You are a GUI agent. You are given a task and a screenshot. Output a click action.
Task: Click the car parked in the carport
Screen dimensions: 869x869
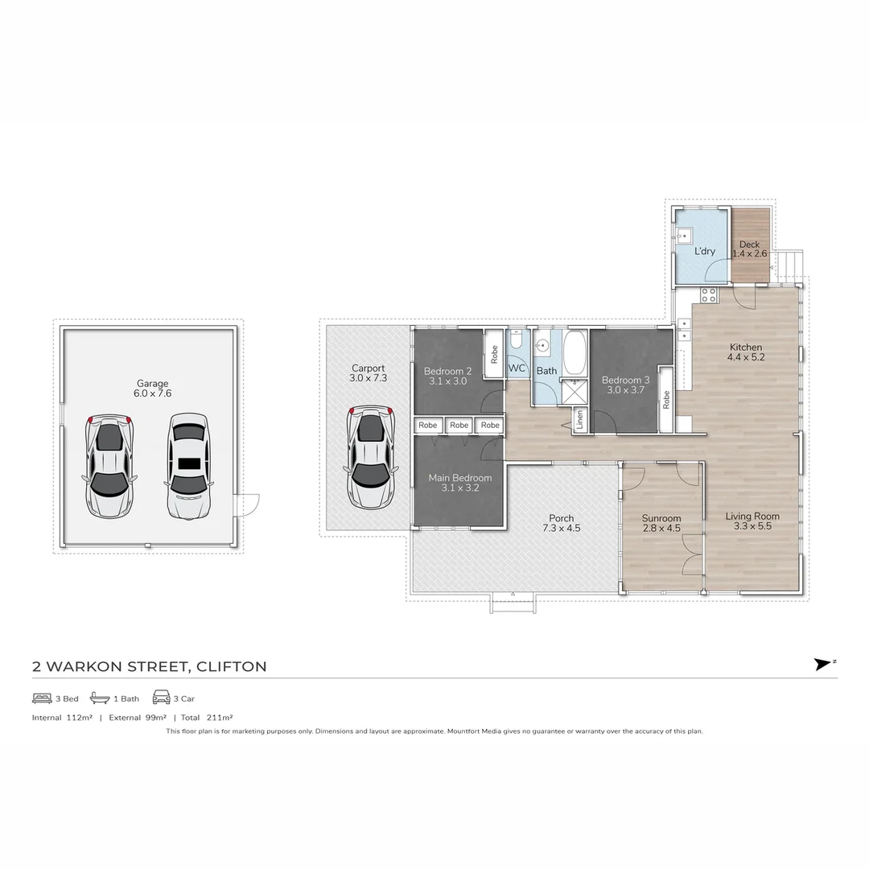pyautogui.click(x=370, y=457)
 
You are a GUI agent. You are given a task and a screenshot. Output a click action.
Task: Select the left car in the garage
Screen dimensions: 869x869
pyautogui.click(x=109, y=466)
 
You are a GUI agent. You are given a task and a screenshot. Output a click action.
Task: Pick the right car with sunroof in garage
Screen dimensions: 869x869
pyautogui.click(x=189, y=466)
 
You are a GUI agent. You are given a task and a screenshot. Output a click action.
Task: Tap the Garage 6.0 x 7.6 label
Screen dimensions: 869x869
pyautogui.click(x=152, y=389)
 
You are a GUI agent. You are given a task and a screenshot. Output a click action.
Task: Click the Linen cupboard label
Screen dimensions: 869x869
pyautogui.click(x=579, y=421)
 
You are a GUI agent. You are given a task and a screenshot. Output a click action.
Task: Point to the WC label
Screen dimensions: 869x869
pyautogui.click(x=517, y=369)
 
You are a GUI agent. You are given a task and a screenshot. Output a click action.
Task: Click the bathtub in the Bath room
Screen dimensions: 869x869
pyautogui.click(x=575, y=353)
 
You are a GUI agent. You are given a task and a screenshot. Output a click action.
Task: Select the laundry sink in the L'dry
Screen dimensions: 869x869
pyautogui.click(x=684, y=236)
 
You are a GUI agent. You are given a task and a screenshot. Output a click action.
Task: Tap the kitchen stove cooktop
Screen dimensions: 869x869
pyautogui.click(x=709, y=294)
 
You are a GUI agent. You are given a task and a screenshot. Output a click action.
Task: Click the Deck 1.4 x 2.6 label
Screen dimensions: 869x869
pyautogui.click(x=749, y=249)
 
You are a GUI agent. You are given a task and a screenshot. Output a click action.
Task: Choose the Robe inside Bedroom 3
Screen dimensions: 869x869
pyautogui.click(x=665, y=400)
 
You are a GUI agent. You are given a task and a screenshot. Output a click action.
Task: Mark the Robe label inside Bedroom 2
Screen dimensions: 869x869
pyautogui.click(x=493, y=355)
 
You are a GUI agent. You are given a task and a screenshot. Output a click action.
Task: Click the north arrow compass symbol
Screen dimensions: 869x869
pyautogui.click(x=823, y=664)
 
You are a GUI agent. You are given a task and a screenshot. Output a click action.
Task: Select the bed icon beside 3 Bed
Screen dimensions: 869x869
pyautogui.click(x=42, y=698)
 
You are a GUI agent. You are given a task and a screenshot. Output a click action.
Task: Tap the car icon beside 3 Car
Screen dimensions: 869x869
pyautogui.click(x=161, y=698)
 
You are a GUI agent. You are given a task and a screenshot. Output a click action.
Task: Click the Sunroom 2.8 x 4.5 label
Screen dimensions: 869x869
pyautogui.click(x=661, y=523)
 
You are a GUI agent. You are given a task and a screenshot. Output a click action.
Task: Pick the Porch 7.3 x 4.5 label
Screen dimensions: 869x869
pyautogui.click(x=562, y=523)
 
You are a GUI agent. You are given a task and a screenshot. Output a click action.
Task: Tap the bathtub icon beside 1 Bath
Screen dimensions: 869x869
pyautogui.click(x=100, y=698)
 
